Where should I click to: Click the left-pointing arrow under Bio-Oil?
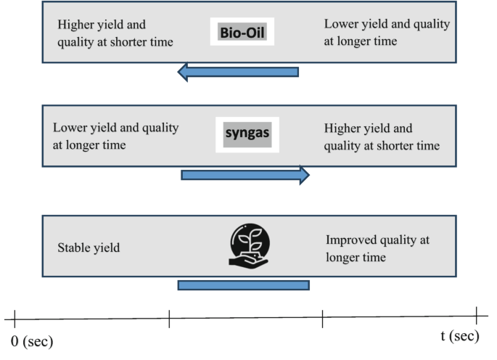238,72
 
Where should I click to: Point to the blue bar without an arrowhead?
243,285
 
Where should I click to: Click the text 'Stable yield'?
89,248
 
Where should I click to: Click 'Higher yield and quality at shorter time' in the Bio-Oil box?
115,33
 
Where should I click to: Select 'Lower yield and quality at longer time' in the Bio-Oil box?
386,33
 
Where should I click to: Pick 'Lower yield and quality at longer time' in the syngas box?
115,136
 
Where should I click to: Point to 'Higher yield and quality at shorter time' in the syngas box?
382,136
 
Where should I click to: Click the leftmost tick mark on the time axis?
15,317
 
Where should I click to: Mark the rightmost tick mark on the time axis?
477,317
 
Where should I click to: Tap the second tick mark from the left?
169,317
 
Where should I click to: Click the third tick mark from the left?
323,317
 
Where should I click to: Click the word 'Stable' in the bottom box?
73,248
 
